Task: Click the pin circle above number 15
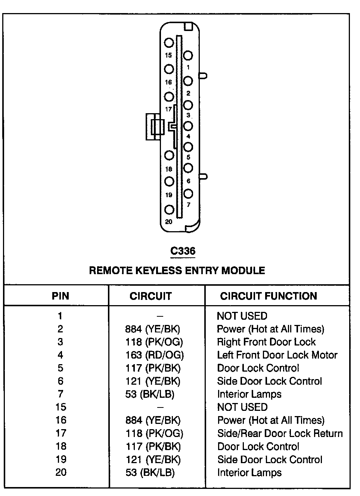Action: [169, 43]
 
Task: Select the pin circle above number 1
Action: [188, 56]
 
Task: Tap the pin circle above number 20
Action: [169, 210]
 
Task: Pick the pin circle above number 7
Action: [188, 193]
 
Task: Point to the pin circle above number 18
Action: [169, 155]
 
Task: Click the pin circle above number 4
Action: [188, 126]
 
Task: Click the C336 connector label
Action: [183, 251]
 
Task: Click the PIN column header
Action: [60, 296]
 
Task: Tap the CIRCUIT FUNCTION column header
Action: [269, 296]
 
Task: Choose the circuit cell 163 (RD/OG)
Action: [155, 355]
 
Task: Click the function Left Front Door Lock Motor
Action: [277, 355]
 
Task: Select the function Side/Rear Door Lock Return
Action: [280, 433]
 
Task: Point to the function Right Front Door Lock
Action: [266, 342]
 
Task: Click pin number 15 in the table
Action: [60, 407]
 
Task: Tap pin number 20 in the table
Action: [61, 472]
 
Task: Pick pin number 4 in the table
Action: [60, 355]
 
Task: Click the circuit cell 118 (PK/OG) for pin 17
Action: [154, 433]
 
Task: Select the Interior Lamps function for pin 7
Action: [249, 394]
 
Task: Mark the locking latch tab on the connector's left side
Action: [154, 127]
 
